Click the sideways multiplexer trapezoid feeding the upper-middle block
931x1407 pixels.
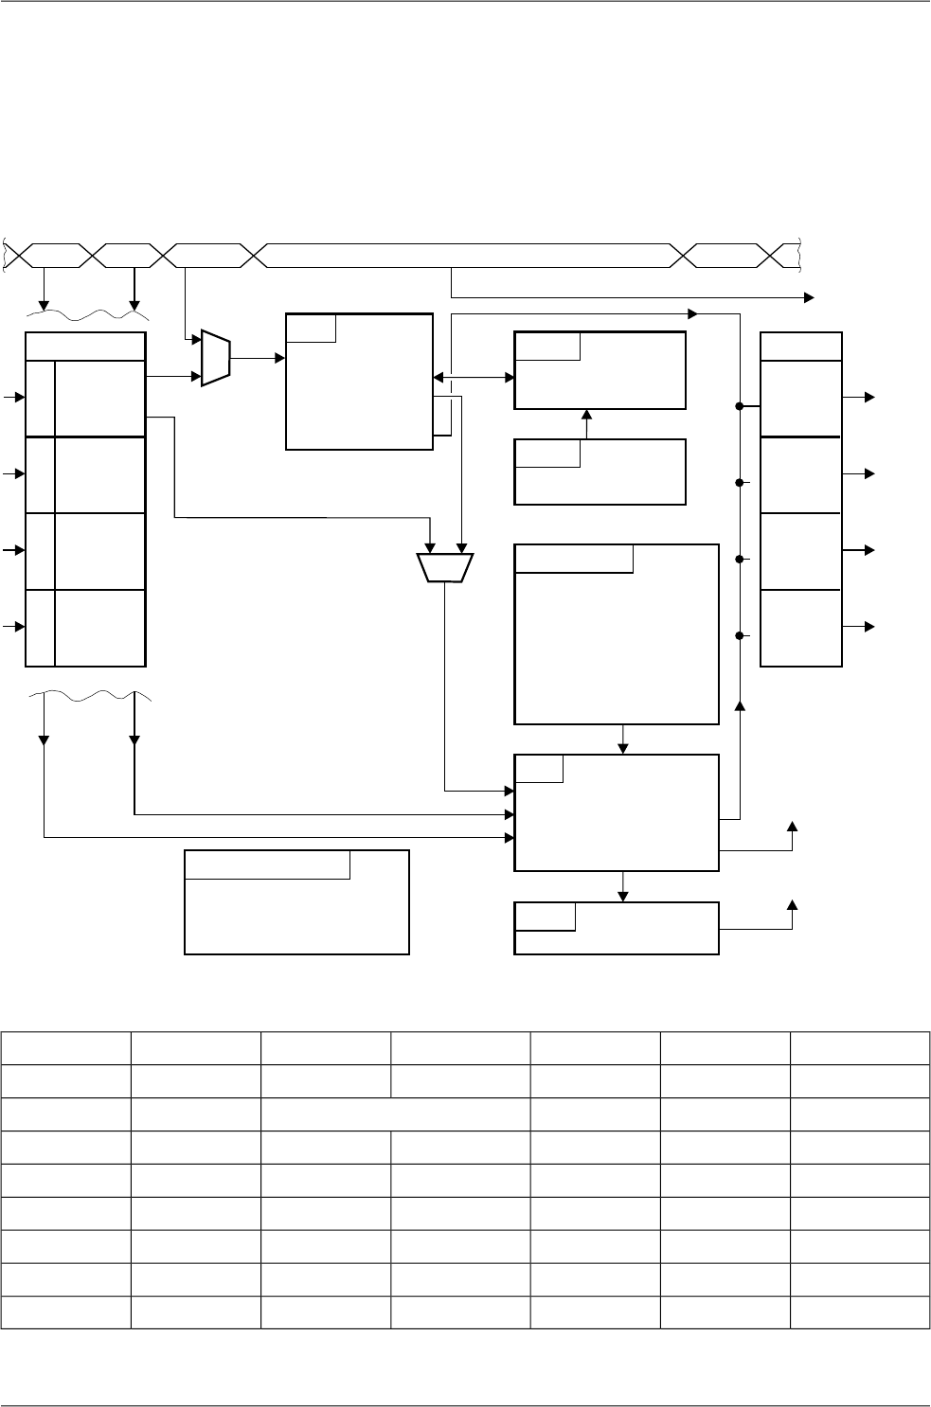click(216, 359)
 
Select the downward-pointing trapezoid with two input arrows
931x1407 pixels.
click(445, 567)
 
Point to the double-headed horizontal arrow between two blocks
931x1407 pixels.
click(474, 377)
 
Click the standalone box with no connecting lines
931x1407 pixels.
click(296, 901)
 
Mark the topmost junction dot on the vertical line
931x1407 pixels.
click(739, 407)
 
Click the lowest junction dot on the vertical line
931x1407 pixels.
click(739, 635)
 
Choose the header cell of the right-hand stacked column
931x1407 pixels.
click(801, 347)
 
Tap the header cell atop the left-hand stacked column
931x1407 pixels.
click(85, 347)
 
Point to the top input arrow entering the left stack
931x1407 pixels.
click(13, 399)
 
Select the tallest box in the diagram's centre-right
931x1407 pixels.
click(617, 634)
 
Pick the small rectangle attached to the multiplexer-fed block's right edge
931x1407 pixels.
click(442, 417)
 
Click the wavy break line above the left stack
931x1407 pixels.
click(87, 312)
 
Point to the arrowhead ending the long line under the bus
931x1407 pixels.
click(808, 297)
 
